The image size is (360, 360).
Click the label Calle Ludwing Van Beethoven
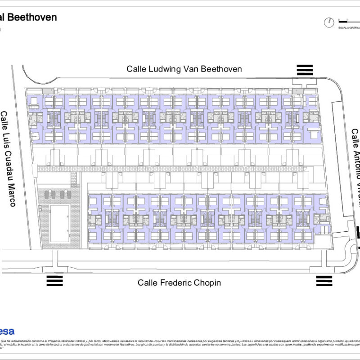point(184,69)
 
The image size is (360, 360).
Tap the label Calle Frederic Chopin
point(179,283)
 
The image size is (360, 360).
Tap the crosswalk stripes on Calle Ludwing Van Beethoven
point(305,70)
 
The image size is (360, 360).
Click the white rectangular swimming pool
point(59,223)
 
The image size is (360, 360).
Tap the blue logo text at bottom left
point(7,332)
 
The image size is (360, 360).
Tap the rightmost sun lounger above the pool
point(68,194)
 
